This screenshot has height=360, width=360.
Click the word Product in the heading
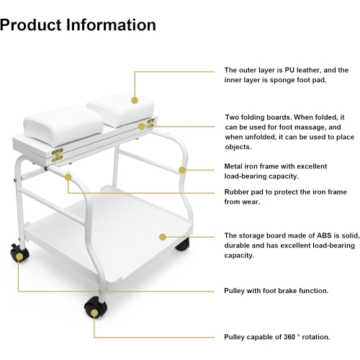[31, 25]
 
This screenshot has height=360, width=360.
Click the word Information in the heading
[111, 25]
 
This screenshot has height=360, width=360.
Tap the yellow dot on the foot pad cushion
[135, 100]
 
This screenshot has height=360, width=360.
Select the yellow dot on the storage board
[163, 237]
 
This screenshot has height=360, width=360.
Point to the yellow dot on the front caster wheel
[94, 313]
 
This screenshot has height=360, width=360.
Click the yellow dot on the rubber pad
[68, 177]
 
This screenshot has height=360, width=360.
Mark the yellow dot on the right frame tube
[182, 170]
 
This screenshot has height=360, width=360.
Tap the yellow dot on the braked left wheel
[19, 257]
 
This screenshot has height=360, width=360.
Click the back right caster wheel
[182, 245]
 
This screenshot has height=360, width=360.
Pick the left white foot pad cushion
[63, 125]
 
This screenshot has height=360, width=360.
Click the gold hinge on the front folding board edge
[58, 155]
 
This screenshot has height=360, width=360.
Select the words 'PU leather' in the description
[302, 70]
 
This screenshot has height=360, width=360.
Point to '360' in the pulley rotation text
[289, 337]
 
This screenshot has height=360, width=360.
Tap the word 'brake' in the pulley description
[286, 291]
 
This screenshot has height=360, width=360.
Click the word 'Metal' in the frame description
[233, 166]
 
